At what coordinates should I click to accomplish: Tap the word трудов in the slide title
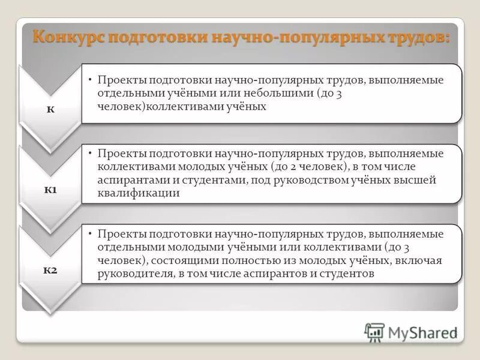point(416,37)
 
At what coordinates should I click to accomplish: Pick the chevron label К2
point(50,269)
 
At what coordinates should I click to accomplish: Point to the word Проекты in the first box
point(121,80)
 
